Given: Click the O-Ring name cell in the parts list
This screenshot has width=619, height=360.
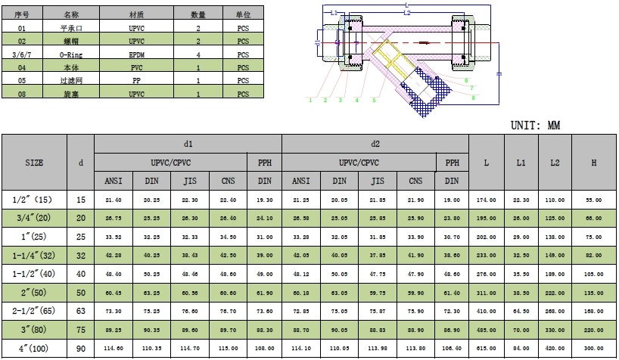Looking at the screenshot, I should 70,54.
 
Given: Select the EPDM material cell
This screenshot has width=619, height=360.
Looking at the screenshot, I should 136,54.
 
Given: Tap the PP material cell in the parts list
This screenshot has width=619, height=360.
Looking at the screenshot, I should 136,80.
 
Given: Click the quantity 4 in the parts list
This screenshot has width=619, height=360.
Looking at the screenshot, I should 198,54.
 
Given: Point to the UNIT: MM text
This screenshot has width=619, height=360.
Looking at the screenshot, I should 535,126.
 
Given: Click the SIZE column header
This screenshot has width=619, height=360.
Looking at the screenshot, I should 34,163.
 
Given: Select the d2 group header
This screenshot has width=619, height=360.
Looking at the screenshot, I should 375,144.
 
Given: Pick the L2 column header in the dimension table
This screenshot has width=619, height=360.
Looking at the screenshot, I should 555,163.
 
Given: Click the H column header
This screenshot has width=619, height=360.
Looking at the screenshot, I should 594,163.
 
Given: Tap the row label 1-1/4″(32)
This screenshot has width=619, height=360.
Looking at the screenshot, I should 34,256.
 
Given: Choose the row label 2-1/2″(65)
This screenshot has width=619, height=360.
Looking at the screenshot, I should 34,310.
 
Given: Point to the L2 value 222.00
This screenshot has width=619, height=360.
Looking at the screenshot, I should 555,292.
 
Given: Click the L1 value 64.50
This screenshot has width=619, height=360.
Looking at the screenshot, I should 521,310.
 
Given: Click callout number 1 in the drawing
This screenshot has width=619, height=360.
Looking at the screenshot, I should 310,99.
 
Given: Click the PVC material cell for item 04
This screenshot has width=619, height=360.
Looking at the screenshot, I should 136,67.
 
